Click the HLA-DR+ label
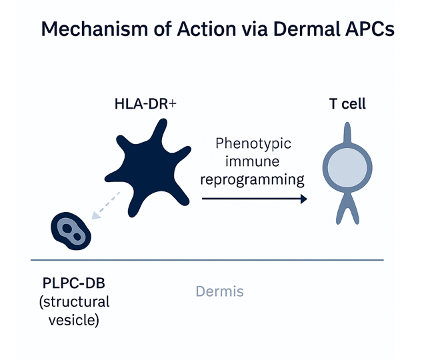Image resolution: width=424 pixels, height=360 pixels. tap(145, 104)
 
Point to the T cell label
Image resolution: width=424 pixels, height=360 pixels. tap(347, 104)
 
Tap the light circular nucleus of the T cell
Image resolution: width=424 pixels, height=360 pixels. tap(347, 168)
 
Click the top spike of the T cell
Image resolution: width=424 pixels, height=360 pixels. tap(347, 133)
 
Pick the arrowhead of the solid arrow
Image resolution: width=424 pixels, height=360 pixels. tap(304, 199)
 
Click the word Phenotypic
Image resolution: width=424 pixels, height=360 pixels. tap(253, 143)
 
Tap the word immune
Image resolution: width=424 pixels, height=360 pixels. tap(252, 161)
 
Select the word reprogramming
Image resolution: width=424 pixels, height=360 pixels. tap(252, 179)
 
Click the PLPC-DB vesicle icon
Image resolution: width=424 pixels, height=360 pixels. tap(71, 231)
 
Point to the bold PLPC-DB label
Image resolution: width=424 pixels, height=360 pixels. tap(74, 283)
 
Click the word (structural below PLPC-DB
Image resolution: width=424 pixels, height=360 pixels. tap(75, 302)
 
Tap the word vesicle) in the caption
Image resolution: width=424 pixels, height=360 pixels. tap(74, 320)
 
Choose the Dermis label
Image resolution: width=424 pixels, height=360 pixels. tap(219, 291)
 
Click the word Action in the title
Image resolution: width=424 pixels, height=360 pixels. tap(207, 29)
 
